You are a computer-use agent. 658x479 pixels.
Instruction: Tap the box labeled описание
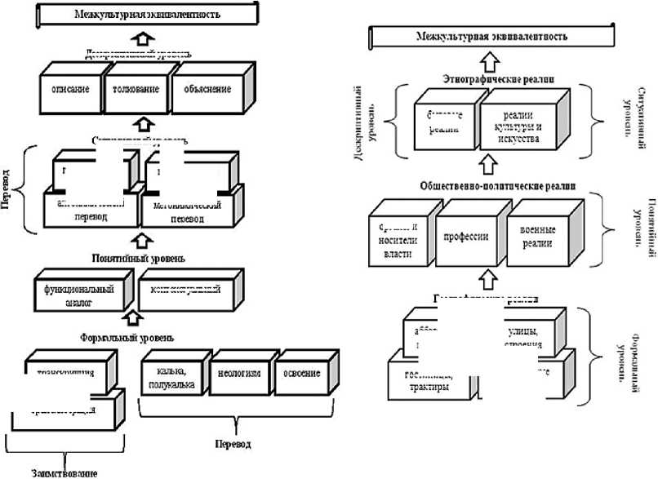tap(71, 89)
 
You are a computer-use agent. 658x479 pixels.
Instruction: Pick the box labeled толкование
tap(135, 89)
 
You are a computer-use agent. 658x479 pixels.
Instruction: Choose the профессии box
tap(465, 237)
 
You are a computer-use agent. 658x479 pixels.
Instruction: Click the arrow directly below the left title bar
tap(143, 38)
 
